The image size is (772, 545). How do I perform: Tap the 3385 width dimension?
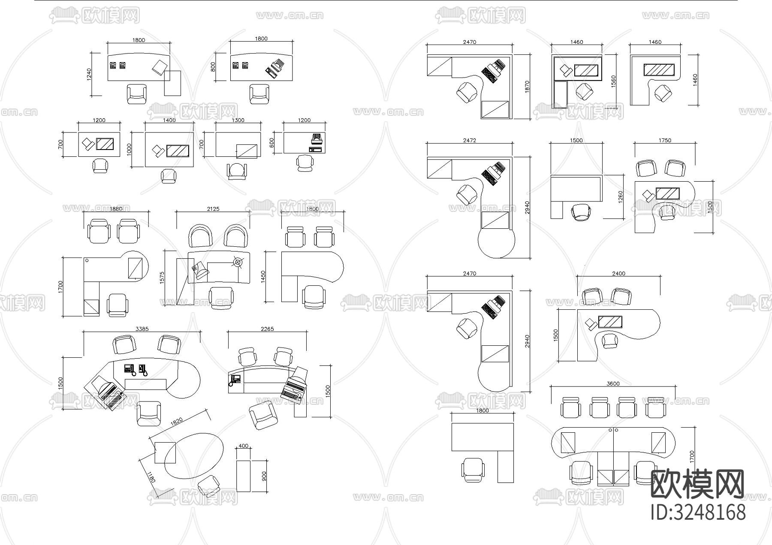click(x=142, y=329)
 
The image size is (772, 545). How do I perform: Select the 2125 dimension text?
click(x=213, y=209)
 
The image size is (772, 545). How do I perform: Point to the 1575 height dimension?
click(x=162, y=278)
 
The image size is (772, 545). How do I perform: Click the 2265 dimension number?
click(x=267, y=329)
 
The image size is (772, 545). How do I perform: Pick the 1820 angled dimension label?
click(x=177, y=422)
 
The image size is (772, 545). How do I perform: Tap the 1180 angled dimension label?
click(x=151, y=477)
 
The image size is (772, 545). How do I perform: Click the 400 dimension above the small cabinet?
click(x=243, y=446)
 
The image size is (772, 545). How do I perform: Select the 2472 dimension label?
click(x=470, y=140)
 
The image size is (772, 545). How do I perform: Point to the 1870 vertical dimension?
click(x=528, y=87)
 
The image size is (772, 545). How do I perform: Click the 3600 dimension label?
click(x=613, y=383)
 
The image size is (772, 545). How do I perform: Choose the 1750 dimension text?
click(x=664, y=140)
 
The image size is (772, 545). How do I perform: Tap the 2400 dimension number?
click(x=618, y=273)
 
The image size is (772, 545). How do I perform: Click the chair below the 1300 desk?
click(x=237, y=171)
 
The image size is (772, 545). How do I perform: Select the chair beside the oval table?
click(x=210, y=486)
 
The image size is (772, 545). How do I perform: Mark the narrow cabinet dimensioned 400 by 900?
click(x=244, y=476)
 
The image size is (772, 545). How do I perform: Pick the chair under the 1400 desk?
click(x=169, y=176)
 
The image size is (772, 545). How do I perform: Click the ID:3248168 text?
click(x=698, y=512)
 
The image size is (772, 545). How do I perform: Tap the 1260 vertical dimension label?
click(x=621, y=197)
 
